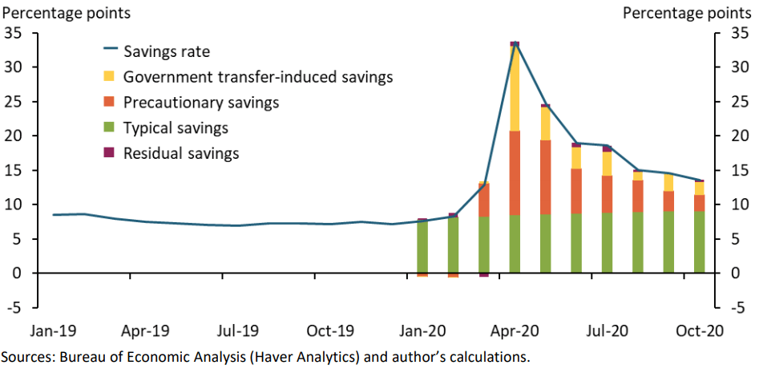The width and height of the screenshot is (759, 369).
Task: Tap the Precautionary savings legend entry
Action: [x=200, y=103]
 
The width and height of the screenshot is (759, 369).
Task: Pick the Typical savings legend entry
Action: [x=176, y=128]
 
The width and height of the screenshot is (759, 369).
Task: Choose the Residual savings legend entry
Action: [x=181, y=153]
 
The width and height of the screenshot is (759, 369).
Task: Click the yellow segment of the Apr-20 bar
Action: [x=515, y=88]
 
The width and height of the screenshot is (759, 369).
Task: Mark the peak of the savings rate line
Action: [x=515, y=43]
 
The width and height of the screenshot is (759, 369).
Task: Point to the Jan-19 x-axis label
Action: [x=54, y=330]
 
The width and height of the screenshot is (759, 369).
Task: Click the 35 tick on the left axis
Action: [x=14, y=33]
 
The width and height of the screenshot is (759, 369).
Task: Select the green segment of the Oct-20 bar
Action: [x=700, y=242]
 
